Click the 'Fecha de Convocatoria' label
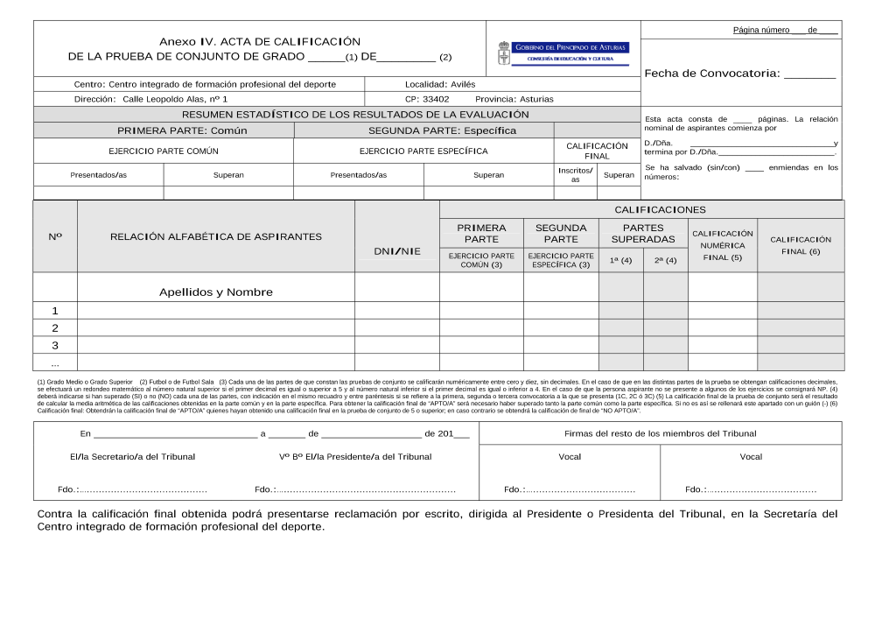pos(711,74)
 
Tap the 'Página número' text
pos(761,30)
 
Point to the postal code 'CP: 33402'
pos(427,99)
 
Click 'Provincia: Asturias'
pos(514,99)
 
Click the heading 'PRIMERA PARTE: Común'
pos(182,130)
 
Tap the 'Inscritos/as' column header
pos(575,174)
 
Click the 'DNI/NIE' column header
pos(397,251)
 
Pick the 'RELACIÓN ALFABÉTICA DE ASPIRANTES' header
pos(216,236)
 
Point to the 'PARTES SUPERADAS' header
pos(643,233)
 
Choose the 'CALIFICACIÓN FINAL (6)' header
pos(801,245)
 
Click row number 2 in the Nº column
pos(55,328)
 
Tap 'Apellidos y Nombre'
pos(216,292)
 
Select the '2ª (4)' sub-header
pos(665,260)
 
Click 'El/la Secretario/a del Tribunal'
pos(132,456)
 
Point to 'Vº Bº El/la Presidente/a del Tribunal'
pos(355,456)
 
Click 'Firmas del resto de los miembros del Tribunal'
pos(661,433)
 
